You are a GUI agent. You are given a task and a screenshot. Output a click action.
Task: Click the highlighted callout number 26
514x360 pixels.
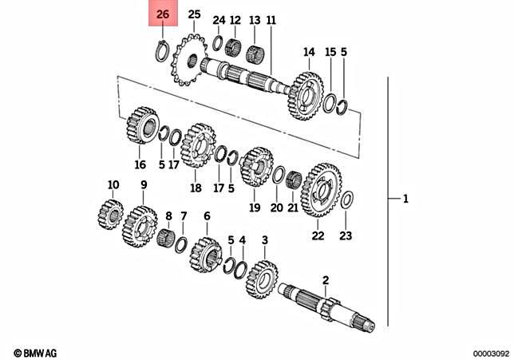point(163,15)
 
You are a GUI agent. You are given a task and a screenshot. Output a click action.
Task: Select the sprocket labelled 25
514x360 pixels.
point(189,60)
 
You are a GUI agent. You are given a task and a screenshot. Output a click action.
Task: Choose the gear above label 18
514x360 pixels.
point(196,148)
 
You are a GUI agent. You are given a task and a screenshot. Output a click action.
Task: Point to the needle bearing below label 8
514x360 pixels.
point(167,236)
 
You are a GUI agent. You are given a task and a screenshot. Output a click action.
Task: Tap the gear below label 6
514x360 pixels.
point(206,255)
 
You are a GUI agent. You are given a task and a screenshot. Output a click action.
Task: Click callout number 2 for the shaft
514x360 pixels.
point(325,279)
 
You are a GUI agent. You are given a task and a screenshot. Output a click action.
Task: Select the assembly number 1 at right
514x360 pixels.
point(405,199)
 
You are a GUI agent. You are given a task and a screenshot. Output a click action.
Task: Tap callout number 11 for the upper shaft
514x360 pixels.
point(271,19)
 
